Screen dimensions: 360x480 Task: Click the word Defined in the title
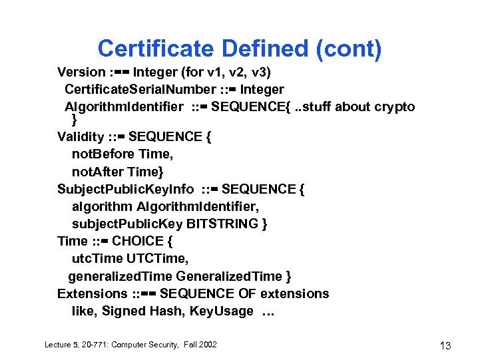[x=267, y=49]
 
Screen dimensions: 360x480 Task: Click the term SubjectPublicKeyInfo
[x=122, y=189]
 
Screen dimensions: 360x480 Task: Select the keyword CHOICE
[x=138, y=241]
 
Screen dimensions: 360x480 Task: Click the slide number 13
[x=445, y=345]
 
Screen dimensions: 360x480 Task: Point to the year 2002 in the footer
[x=207, y=344]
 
